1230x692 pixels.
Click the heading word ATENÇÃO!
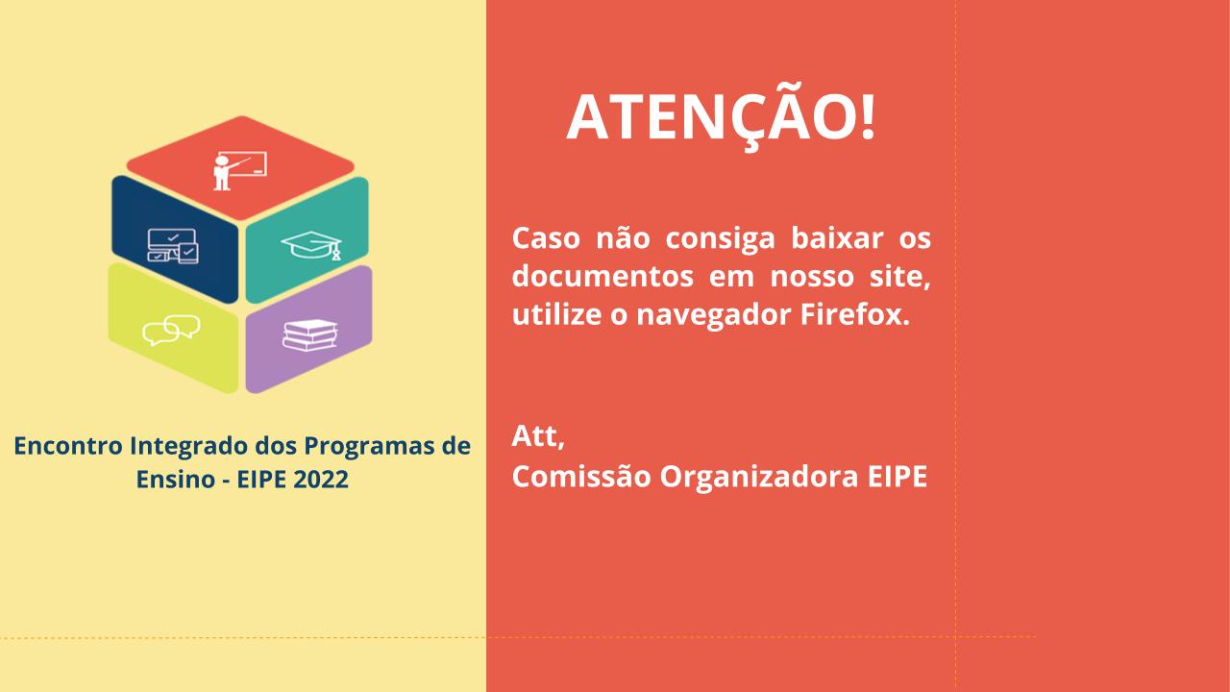coord(721,116)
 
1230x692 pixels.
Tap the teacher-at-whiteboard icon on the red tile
coord(240,171)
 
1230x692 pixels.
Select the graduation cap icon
coord(311,245)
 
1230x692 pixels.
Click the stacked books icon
coord(310,335)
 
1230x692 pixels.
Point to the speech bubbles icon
coord(171,330)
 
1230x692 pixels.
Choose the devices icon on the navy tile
coord(173,246)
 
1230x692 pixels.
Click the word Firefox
coord(855,314)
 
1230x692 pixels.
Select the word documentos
coord(603,276)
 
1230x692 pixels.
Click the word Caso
coord(546,238)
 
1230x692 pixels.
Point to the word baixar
coord(837,238)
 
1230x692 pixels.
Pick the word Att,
coord(538,436)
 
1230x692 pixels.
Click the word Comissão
coord(581,477)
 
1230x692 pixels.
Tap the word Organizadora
coord(759,478)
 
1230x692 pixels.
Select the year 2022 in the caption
coord(321,479)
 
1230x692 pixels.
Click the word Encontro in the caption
coord(68,445)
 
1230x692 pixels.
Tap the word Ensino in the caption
coord(176,479)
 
